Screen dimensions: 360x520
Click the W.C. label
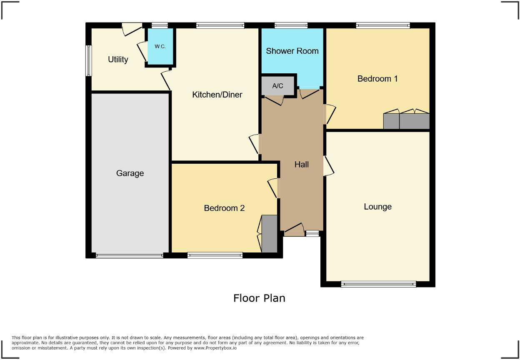click(160, 46)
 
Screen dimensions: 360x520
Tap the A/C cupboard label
click(277, 86)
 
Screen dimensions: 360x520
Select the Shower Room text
click(292, 51)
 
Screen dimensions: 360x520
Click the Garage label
click(130, 173)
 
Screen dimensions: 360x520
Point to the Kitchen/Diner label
click(217, 95)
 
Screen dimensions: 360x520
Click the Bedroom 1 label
click(377, 78)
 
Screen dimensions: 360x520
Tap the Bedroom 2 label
click(224, 208)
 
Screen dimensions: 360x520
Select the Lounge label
click(377, 206)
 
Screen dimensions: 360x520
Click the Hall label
click(301, 164)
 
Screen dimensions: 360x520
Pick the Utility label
click(118, 59)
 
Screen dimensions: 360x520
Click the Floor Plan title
click(259, 298)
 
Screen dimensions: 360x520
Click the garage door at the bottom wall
click(129, 255)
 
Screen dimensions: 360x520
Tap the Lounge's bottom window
click(378, 284)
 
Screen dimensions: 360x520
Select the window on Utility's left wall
click(89, 60)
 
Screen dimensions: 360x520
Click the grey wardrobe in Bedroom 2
click(270, 233)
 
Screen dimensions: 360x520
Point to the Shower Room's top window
click(291, 25)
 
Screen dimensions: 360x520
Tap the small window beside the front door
click(312, 234)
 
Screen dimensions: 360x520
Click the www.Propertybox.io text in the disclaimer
click(215, 347)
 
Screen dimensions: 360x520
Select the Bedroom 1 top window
click(382, 25)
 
